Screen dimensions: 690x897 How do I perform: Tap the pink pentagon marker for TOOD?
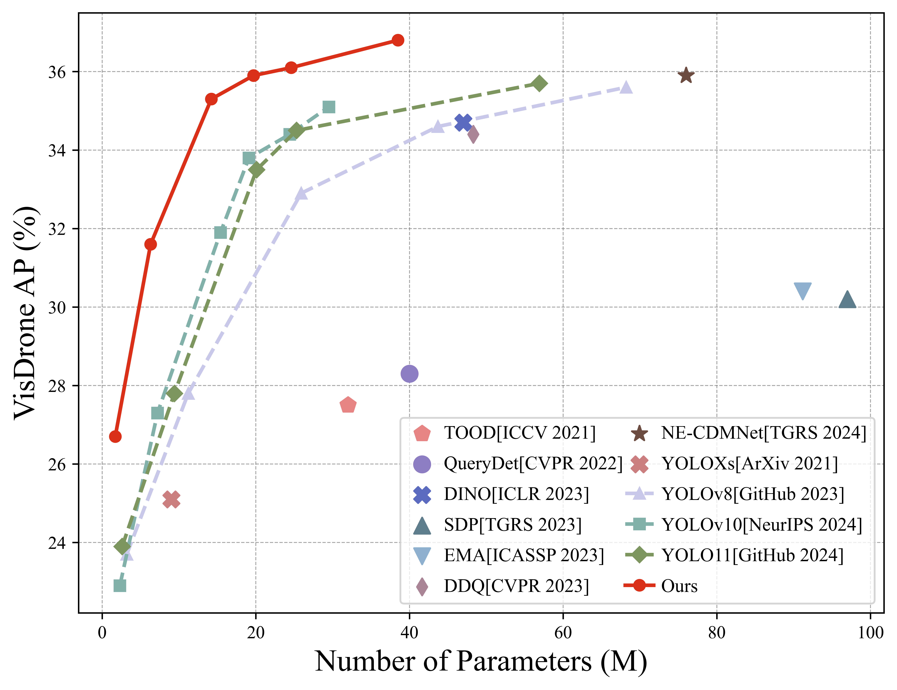[348, 405]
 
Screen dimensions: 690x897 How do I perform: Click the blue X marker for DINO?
[463, 122]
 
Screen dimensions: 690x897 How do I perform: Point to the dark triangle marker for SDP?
[847, 300]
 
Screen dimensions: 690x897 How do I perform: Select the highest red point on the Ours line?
[398, 40]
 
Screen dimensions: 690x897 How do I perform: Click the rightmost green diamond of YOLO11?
[539, 83]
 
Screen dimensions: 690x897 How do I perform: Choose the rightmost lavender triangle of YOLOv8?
[626, 87]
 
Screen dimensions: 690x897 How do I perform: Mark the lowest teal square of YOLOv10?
[120, 585]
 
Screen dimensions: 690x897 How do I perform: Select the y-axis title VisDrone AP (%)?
[25, 313]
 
